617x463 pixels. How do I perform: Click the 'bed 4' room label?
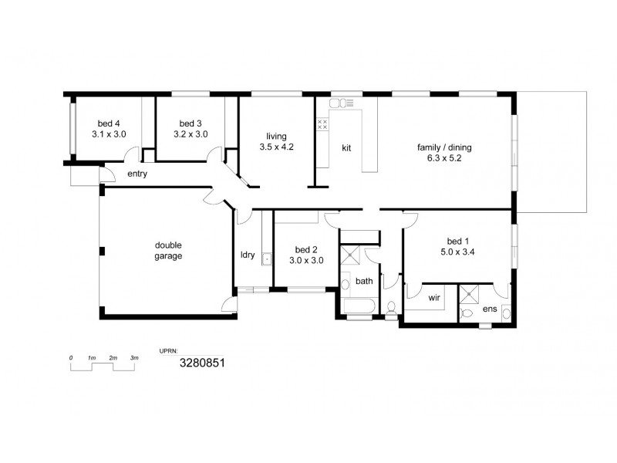coord(108,123)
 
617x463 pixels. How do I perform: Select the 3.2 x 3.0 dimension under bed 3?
coord(190,134)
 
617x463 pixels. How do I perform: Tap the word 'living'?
coord(276,134)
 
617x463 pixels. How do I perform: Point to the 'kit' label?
coord(346,147)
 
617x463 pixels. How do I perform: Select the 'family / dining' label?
coord(444,147)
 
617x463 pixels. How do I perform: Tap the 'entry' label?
coord(137,174)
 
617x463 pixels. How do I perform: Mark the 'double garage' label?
coord(167,251)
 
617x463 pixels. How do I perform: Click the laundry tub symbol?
coord(267,259)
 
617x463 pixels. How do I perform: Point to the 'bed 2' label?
coord(306,249)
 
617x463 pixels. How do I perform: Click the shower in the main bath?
coord(352,256)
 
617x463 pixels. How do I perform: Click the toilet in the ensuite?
coord(467,313)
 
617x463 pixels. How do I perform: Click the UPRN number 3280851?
coord(202,362)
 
